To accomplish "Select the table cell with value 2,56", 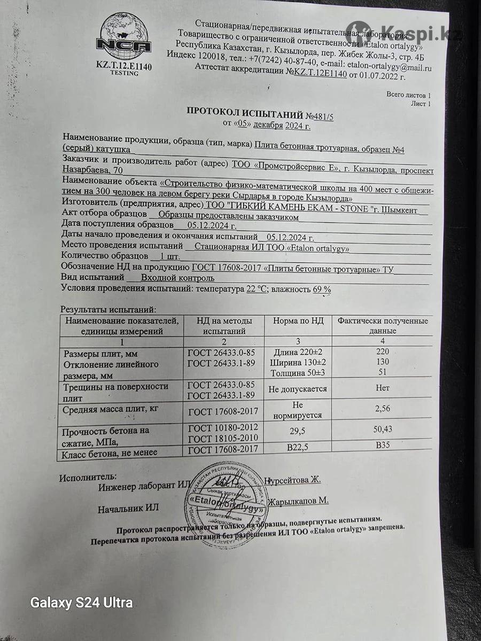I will click(383, 408).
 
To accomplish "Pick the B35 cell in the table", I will click(383, 445).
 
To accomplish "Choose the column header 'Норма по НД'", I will click(299, 321).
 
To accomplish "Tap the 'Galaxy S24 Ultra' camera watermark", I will click(81, 603).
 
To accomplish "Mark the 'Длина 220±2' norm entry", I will click(294, 352).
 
